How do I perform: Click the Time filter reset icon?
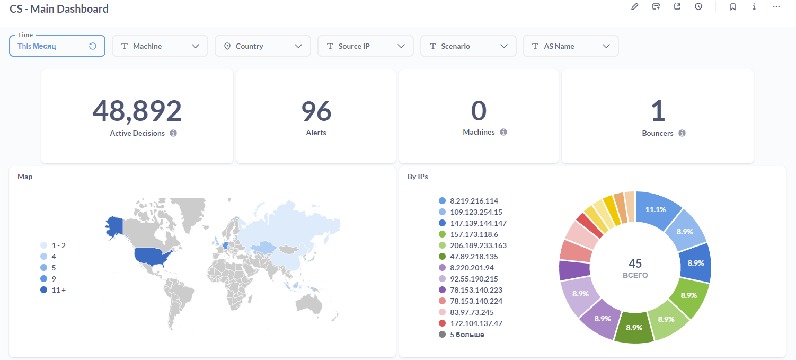click(93, 46)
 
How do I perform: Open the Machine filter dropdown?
click(160, 46)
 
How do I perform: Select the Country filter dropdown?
click(262, 46)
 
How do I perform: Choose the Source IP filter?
click(365, 46)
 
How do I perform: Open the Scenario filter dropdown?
click(468, 46)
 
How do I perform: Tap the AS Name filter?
click(571, 46)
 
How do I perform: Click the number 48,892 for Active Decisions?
click(137, 111)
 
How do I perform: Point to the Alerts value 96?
click(316, 111)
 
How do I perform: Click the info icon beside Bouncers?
click(682, 133)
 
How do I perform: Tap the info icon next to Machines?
click(503, 132)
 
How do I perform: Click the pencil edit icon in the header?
click(635, 7)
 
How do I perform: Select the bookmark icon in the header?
click(733, 7)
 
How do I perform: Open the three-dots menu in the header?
click(776, 7)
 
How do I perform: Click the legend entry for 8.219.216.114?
click(473, 201)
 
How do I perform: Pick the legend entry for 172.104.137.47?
click(475, 323)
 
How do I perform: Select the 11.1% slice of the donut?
click(656, 209)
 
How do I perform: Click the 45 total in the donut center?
click(635, 264)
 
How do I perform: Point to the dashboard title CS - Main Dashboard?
click(59, 9)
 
